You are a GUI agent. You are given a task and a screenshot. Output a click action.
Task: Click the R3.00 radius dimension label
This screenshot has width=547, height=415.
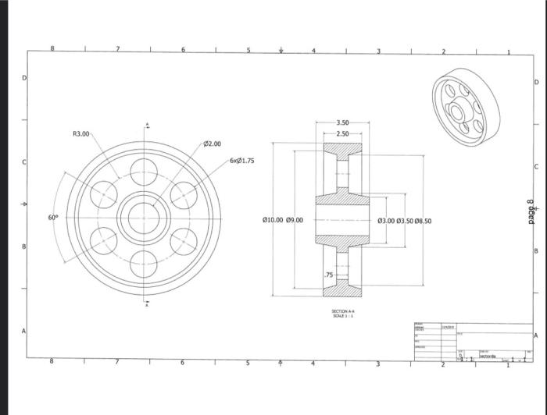click(x=81, y=134)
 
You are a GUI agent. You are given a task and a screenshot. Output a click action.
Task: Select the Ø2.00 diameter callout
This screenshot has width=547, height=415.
click(x=213, y=144)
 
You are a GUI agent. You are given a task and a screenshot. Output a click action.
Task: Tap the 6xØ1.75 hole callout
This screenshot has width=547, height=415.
click(x=241, y=161)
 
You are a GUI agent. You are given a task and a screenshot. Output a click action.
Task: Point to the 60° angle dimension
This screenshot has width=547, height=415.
click(x=52, y=218)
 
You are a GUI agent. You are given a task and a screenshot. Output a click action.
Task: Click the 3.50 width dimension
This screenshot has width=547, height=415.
click(x=343, y=123)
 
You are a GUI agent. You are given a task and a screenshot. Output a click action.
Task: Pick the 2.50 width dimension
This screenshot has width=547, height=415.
click(x=343, y=134)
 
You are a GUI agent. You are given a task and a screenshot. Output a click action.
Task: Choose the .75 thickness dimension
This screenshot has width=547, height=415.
click(x=329, y=275)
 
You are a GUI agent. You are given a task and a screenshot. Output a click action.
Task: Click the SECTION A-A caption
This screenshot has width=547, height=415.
click(x=343, y=310)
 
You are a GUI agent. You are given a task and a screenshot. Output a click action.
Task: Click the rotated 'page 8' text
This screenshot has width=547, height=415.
click(x=531, y=212)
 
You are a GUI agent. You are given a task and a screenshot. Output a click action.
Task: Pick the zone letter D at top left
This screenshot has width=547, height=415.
click(x=23, y=79)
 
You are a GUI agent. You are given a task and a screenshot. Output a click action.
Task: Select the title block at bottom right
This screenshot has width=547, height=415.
click(x=473, y=342)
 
